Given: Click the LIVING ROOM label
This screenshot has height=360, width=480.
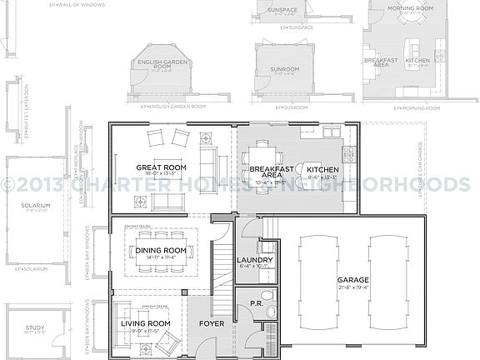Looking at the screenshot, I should tap(146, 323).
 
